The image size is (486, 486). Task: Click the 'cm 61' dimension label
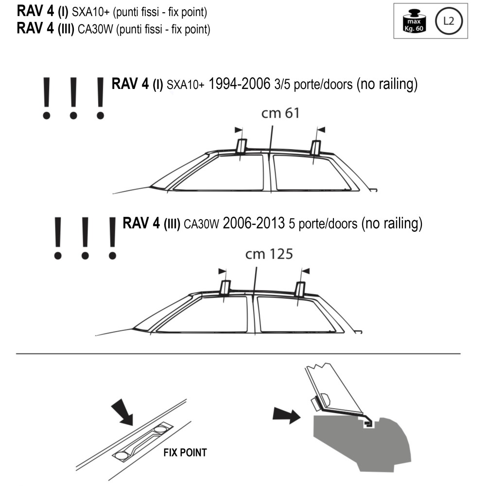click(280, 113)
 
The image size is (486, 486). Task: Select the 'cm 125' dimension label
click(269, 254)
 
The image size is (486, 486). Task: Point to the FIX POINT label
click(185, 452)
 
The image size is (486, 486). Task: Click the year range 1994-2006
click(239, 84)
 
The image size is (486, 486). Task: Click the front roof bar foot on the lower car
click(225, 288)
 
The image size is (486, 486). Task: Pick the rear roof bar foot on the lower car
click(299, 290)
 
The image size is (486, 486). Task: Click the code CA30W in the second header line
click(96, 29)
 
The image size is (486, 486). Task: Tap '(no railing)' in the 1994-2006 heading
click(387, 84)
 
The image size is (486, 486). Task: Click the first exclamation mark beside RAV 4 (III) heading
click(57, 238)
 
